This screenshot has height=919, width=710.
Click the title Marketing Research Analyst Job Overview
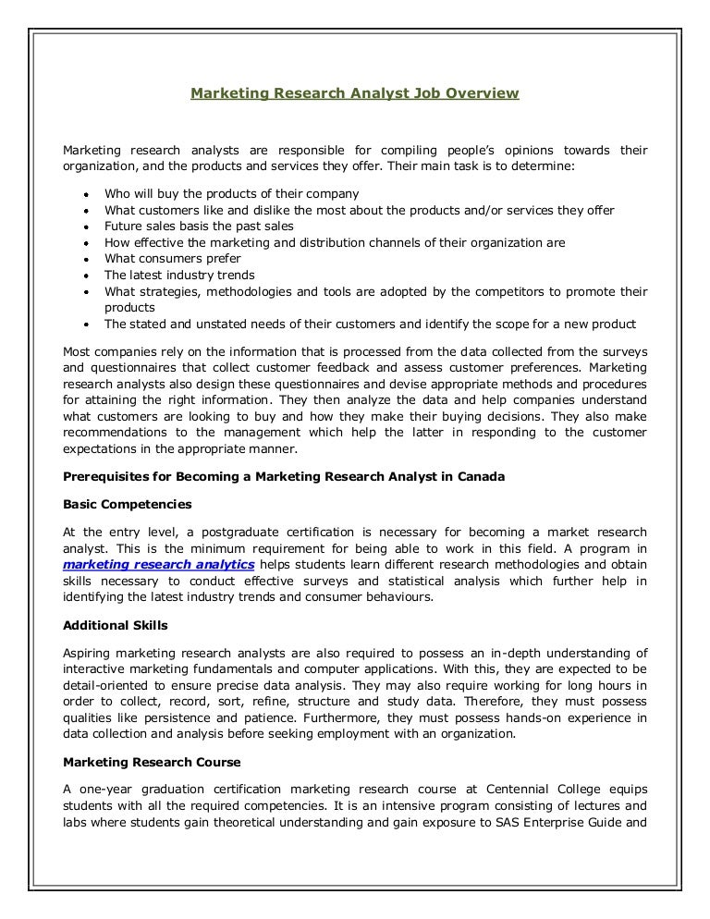(x=355, y=93)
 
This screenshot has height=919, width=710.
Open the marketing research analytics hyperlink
(x=159, y=565)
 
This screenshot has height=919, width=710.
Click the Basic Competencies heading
(x=128, y=505)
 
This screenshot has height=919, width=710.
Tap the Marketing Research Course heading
(x=152, y=763)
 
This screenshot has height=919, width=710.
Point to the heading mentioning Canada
(x=283, y=478)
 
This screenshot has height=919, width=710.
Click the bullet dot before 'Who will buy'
(x=85, y=195)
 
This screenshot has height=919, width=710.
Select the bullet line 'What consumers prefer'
(x=172, y=259)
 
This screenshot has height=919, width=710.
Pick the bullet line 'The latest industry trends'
(x=179, y=276)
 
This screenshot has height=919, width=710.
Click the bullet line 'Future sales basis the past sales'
(x=199, y=227)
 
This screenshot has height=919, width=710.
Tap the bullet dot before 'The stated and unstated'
(x=85, y=325)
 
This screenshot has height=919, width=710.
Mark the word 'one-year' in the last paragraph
(x=98, y=790)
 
